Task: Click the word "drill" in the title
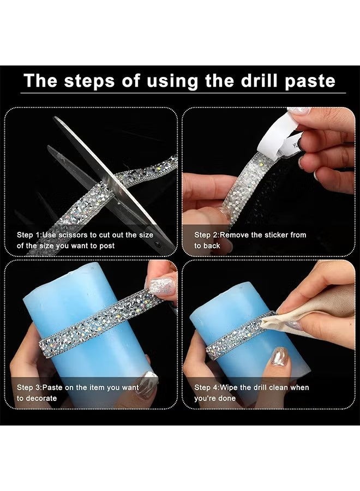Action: [x=260, y=81]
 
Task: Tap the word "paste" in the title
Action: [x=310, y=82]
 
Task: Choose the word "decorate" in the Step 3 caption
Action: [x=41, y=398]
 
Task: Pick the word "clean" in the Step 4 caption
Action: [x=279, y=388]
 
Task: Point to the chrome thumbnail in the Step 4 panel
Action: [x=280, y=356]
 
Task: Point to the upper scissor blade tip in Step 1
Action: [x=55, y=118]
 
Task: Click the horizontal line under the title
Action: [x=183, y=93]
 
